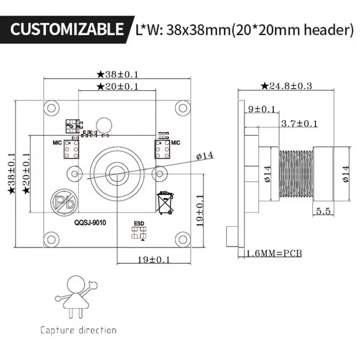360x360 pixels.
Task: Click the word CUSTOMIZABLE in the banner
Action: [66, 30]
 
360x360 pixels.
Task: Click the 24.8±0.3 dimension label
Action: [286, 85]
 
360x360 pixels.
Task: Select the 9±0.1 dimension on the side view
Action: [262, 109]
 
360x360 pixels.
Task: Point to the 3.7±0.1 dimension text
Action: [299, 123]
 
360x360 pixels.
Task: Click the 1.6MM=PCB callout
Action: [274, 253]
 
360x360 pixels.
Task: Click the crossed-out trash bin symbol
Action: [165, 203]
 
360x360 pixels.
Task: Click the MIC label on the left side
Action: [57, 143]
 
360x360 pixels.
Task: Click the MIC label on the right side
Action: [176, 142]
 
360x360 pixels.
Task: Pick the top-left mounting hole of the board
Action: [51, 108]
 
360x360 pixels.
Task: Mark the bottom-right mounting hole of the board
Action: [183, 239]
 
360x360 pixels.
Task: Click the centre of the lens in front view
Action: [116, 173]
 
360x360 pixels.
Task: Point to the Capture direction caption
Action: [78, 330]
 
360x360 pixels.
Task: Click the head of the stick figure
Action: [76, 284]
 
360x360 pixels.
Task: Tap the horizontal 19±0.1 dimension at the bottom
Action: [154, 260]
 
